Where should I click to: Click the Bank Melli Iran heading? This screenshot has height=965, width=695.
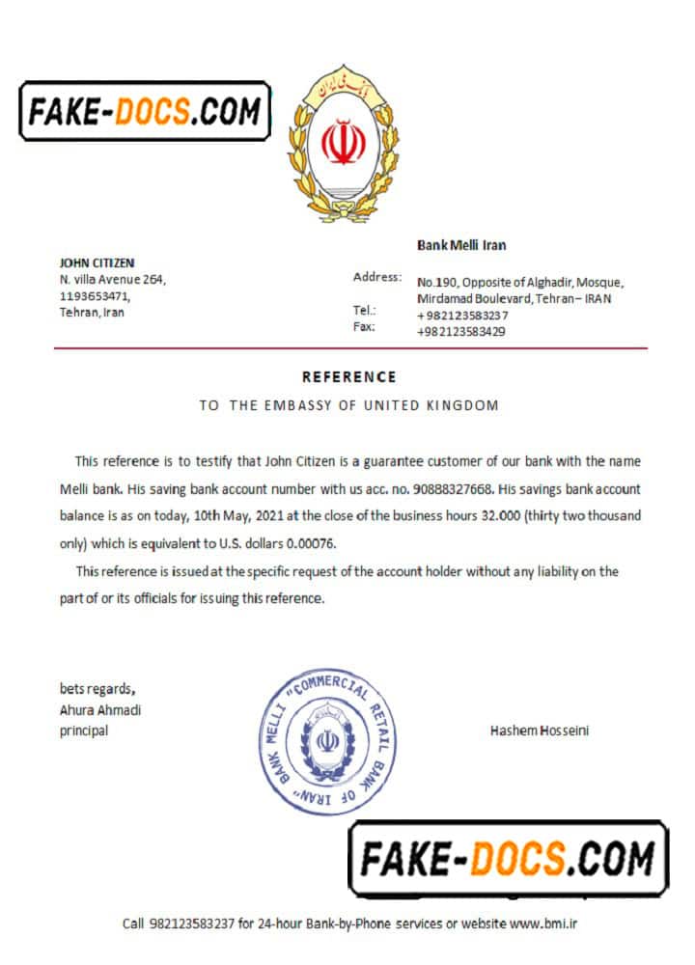pyautogui.click(x=461, y=245)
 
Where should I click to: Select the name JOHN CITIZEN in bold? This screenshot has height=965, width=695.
pyautogui.click(x=97, y=262)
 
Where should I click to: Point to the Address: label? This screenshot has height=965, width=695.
pyautogui.click(x=377, y=277)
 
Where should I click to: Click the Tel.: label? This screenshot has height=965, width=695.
pyautogui.click(x=365, y=311)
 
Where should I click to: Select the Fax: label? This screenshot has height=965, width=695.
pyautogui.click(x=364, y=327)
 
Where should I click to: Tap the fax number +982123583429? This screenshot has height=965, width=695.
pyautogui.click(x=461, y=331)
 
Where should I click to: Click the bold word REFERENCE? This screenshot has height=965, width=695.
pyautogui.click(x=348, y=377)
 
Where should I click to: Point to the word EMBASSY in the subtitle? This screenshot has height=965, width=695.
pyautogui.click(x=293, y=405)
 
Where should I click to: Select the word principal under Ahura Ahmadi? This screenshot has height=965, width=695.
pyautogui.click(x=84, y=731)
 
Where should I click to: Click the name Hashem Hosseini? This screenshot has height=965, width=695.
pyautogui.click(x=539, y=731)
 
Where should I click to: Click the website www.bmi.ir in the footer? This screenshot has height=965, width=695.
pyautogui.click(x=543, y=924)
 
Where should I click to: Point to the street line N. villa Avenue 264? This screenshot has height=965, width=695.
pyautogui.click(x=113, y=280)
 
